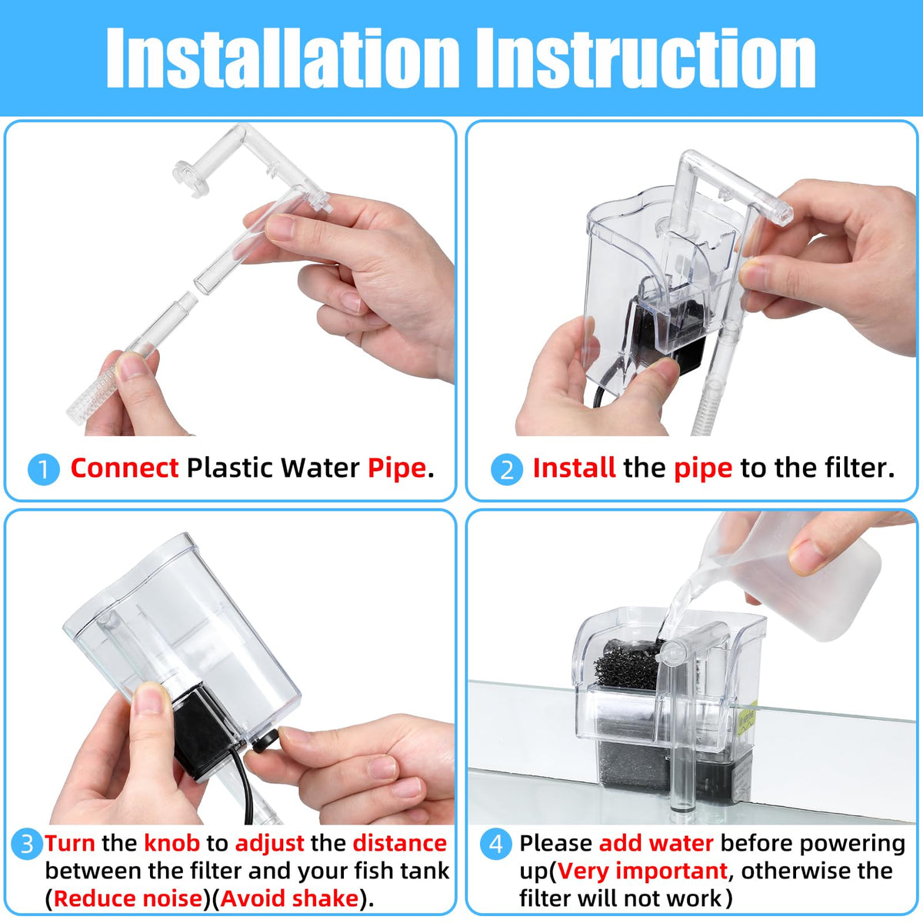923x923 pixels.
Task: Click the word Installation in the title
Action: point(282,58)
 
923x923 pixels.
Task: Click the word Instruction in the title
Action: point(646,58)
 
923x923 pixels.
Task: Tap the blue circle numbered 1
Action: point(44,469)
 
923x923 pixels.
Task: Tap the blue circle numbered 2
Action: point(507,469)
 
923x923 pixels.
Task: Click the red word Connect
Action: point(125,468)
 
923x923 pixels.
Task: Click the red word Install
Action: point(575,468)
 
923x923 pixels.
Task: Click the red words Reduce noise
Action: point(128,898)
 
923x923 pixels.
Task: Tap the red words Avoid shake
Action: point(289,898)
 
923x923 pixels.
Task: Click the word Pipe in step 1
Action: point(397,468)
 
